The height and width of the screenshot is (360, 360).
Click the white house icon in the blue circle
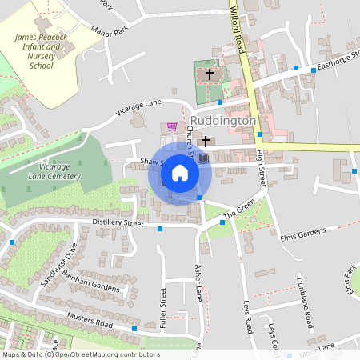click(180, 172)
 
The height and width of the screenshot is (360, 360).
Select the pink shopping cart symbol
click(170, 126)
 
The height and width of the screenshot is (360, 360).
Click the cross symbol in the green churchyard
click(210, 74)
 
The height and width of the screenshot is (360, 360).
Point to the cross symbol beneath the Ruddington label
click(206, 142)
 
